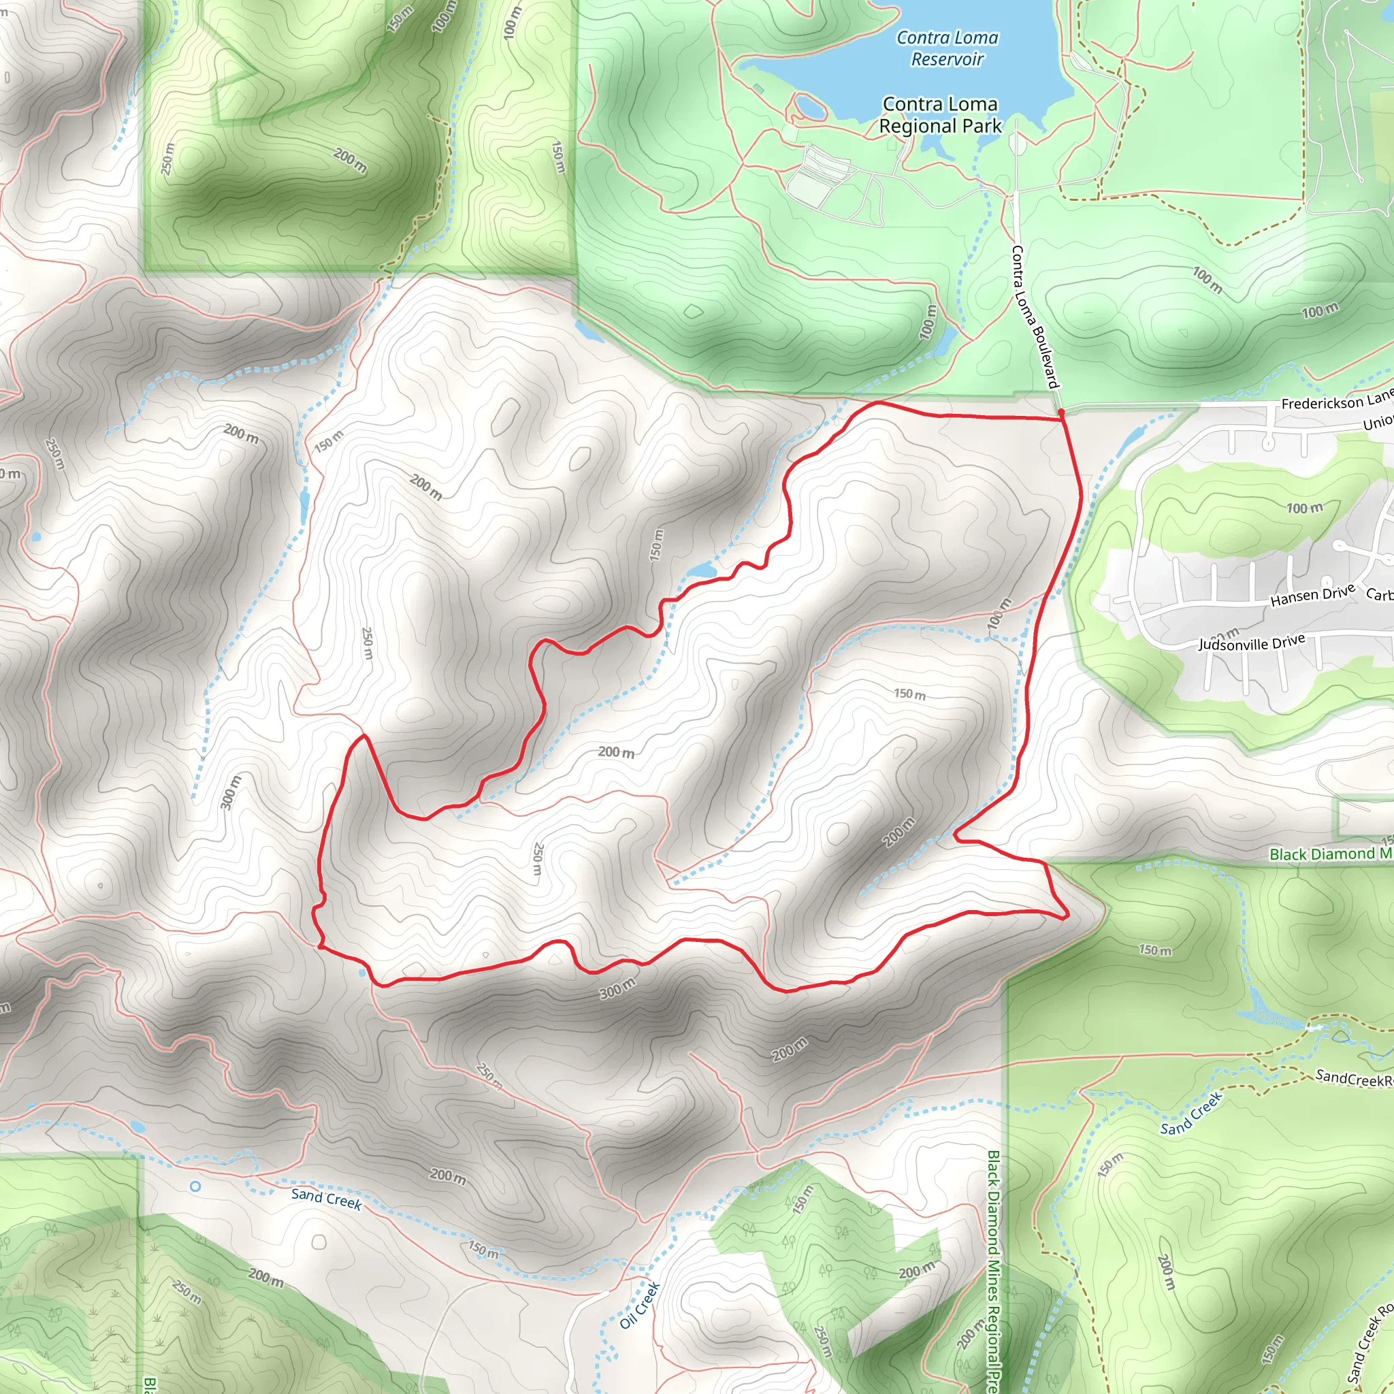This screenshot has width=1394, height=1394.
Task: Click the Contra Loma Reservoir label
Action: click(947, 48)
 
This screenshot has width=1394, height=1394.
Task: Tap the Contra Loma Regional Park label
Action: click(940, 116)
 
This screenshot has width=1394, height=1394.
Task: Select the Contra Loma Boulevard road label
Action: click(1035, 317)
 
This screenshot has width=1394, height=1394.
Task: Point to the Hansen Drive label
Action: click(1312, 596)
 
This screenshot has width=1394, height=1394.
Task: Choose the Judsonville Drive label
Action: click(1252, 642)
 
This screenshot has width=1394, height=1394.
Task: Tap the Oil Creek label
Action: click(640, 1306)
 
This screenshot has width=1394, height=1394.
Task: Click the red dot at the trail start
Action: click(1060, 412)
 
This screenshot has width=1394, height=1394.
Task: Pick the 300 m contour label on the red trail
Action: click(617, 988)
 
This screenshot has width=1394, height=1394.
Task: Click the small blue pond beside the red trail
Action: click(701, 572)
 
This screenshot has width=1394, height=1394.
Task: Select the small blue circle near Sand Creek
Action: click(195, 1186)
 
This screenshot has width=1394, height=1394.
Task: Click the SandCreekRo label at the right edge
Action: click(1354, 1079)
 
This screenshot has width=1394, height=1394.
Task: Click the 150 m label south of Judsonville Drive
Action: click(910, 694)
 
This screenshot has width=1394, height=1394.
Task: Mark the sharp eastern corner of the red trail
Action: click(1067, 917)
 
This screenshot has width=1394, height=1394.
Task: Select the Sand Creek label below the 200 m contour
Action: click(326, 1199)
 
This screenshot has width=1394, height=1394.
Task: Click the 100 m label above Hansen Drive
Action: click(1305, 508)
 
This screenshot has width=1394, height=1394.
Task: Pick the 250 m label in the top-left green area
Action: click(167, 159)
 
